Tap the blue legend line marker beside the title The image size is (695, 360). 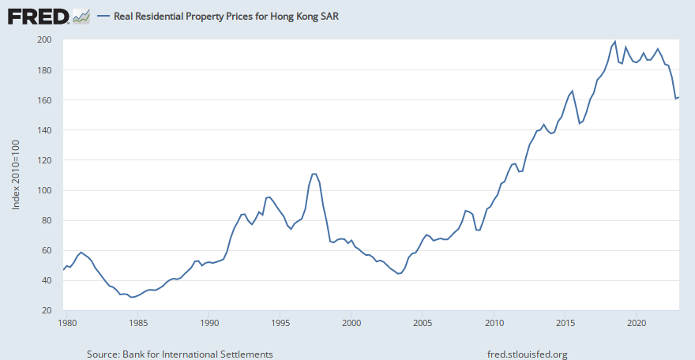tap(103, 16)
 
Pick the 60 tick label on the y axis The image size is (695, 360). tap(47, 251)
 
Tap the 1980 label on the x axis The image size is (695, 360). tap(67, 323)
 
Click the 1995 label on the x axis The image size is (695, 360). tap(280, 323)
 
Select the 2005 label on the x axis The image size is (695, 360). tap(423, 323)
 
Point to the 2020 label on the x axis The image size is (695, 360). tap(637, 323)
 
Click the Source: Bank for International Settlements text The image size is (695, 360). tap(180, 354)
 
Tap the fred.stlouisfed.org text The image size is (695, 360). tap(528, 354)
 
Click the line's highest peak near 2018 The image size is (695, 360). tap(615, 41)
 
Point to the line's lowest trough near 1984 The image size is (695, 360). tap(131, 297)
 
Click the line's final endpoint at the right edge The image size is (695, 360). tap(679, 97)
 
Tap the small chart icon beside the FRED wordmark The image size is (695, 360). tap(81, 16)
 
